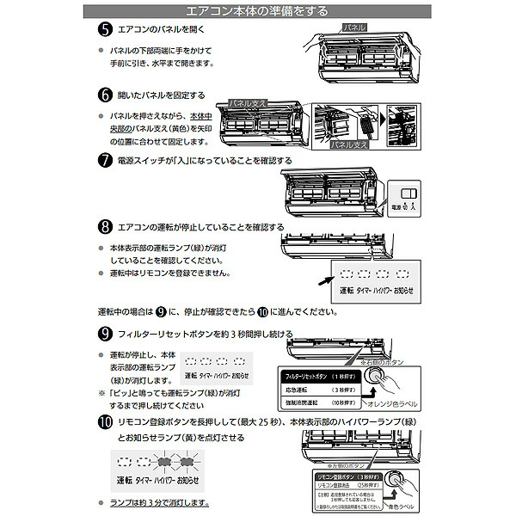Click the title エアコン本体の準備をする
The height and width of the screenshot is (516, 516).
(258, 11)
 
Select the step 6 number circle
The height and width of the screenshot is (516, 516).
(104, 95)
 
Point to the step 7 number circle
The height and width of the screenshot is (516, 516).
(104, 161)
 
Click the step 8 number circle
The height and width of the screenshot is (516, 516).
(104, 227)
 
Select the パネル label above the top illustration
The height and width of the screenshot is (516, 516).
(353, 28)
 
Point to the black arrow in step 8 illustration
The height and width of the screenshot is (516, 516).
(319, 279)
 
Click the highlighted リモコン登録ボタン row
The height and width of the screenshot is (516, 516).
(341, 476)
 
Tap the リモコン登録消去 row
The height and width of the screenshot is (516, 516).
(341, 486)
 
